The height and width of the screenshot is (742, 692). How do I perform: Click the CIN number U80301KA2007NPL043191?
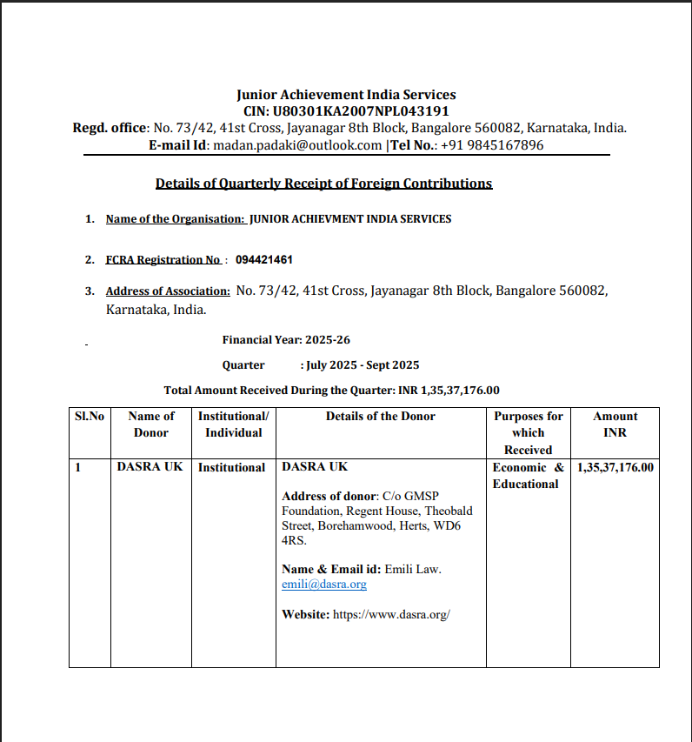(x=361, y=111)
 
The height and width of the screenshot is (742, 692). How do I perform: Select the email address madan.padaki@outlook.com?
(x=297, y=145)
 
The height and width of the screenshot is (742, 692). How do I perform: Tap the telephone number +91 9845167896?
(x=492, y=145)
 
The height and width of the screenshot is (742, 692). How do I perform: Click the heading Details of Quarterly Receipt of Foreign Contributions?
(x=323, y=184)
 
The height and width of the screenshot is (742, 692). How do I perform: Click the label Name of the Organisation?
(x=175, y=219)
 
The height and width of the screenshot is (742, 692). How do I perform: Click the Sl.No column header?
(x=90, y=417)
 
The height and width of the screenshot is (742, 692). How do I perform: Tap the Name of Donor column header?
(x=150, y=424)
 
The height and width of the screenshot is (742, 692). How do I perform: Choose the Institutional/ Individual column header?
(x=233, y=424)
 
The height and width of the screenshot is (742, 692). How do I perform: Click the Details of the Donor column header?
(x=380, y=417)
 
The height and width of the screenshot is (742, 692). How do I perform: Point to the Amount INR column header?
(x=615, y=424)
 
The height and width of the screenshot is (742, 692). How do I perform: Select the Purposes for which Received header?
(x=528, y=432)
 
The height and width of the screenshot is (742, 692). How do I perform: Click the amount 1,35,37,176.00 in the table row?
(x=615, y=467)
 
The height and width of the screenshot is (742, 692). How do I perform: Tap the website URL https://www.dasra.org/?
(x=391, y=614)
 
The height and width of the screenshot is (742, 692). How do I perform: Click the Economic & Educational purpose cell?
(x=528, y=475)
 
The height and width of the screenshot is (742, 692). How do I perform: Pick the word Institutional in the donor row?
(x=231, y=467)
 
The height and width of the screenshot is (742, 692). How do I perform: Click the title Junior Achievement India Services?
(x=346, y=95)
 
